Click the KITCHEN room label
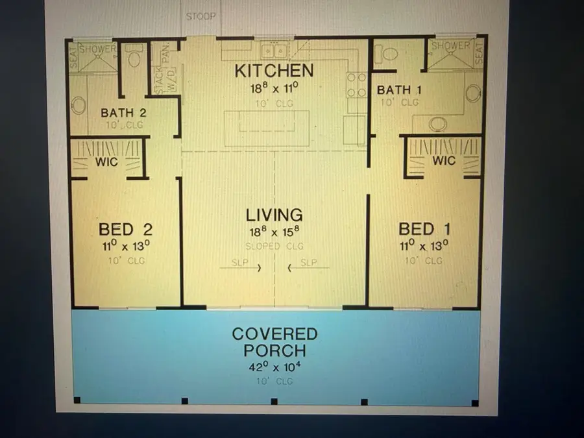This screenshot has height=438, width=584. tap(274, 70)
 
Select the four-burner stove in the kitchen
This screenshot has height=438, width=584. tap(356, 85)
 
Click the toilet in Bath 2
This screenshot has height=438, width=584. tap(135, 59)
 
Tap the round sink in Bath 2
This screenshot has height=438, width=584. tap(79, 106)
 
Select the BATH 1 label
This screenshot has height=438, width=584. tap(399, 90)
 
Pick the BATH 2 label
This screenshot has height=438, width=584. tap(123, 113)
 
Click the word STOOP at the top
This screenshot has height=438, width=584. tap(201, 16)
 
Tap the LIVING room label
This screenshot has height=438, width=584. tap(274, 215)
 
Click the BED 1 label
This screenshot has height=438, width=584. tap(424, 229)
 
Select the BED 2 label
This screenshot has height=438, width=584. tap(125, 229)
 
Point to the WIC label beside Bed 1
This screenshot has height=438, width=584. tap(443, 160)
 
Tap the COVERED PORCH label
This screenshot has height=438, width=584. tap(274, 343)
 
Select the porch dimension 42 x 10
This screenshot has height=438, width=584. tap(274, 367)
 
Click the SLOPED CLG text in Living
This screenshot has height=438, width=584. tap(274, 247)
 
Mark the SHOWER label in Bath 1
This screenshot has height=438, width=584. tap(450, 46)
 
